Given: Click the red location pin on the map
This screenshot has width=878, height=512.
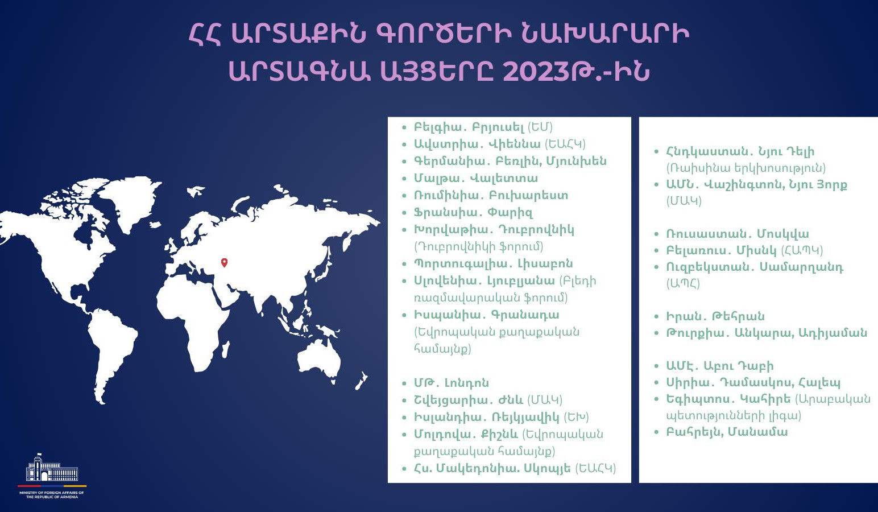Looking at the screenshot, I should click(x=224, y=262).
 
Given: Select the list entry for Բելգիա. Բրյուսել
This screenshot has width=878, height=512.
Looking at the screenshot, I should click(x=483, y=127).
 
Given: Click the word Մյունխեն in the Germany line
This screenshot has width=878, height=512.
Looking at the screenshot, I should click(x=576, y=161).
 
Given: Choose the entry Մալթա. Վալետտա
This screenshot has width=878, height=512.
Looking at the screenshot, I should click(x=475, y=178).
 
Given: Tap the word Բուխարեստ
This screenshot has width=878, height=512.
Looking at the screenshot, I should click(x=528, y=195).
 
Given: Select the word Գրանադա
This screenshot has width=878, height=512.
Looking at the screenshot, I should click(x=525, y=315).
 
